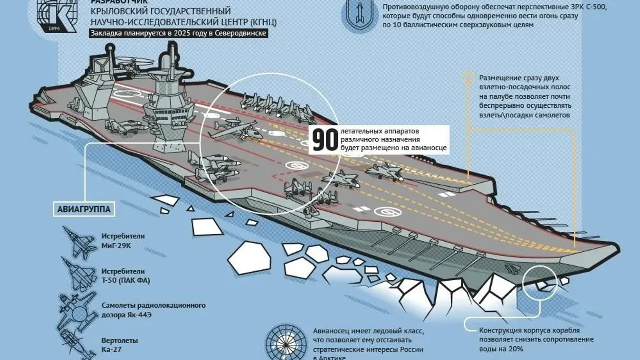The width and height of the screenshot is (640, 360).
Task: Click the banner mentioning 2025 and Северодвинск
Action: tap(178, 33)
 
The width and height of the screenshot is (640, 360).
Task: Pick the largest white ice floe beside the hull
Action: tap(249, 258)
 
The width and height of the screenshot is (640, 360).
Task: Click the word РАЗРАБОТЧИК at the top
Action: tap(119, 2)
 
